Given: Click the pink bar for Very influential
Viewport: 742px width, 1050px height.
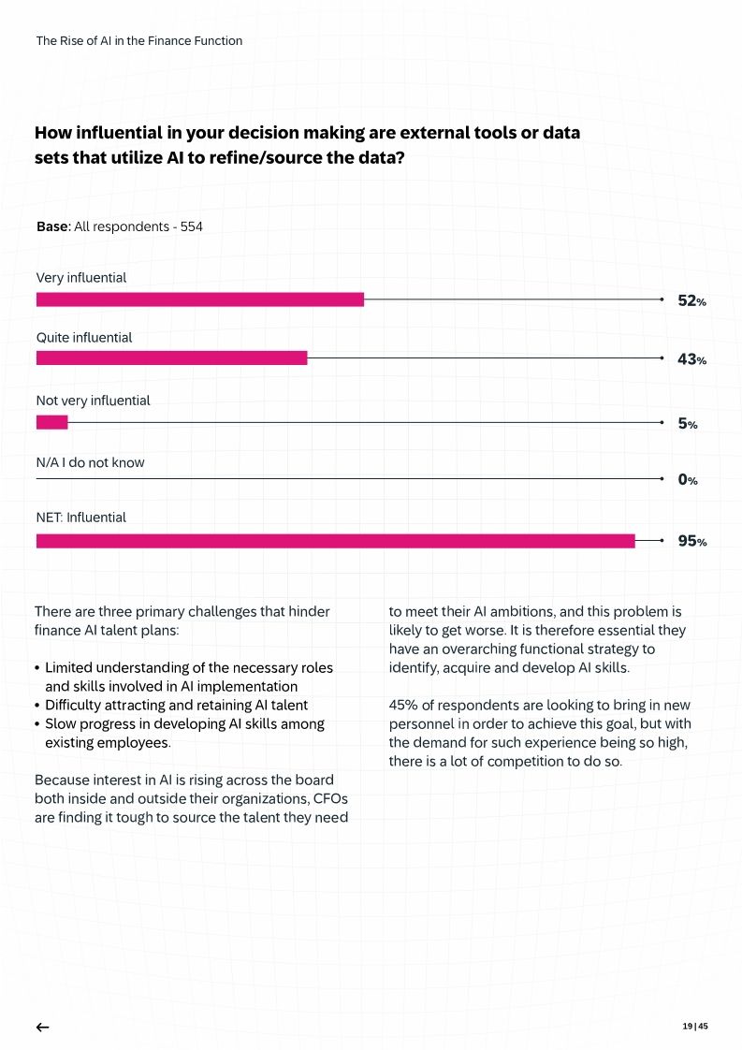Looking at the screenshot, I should [x=199, y=299].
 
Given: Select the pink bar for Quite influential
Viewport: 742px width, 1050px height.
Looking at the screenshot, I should [x=171, y=358].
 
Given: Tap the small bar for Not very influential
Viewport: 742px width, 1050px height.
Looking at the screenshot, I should [x=51, y=423].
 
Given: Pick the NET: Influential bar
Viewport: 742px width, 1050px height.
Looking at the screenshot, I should [x=335, y=541].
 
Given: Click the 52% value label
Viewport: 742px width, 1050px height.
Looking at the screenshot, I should [x=691, y=301].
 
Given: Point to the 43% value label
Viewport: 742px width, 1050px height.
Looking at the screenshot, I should [x=691, y=359].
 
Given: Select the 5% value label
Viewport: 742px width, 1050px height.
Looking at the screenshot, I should [x=687, y=424].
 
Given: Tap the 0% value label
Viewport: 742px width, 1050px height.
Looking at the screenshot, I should [x=687, y=480].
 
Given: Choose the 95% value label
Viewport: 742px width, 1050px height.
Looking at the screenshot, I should [x=691, y=542].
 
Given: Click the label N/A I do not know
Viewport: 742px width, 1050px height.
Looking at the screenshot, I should [x=90, y=463].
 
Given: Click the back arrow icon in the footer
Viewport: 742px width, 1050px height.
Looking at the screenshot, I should [x=42, y=1028].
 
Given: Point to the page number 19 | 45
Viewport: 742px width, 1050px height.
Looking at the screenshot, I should [x=694, y=1027].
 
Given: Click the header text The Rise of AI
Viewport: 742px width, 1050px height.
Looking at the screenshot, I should [x=138, y=41].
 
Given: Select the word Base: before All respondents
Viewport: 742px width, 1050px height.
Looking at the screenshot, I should [x=53, y=226].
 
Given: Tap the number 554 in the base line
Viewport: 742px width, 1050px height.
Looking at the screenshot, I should [x=192, y=226].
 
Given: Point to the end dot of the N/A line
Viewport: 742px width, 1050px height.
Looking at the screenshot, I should [x=662, y=479].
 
